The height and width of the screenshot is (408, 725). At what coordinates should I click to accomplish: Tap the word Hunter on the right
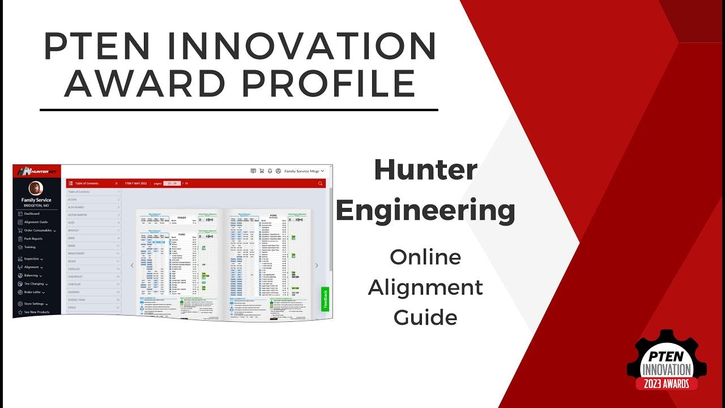click(x=425, y=171)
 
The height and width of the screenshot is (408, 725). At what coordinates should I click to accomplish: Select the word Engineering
click(x=425, y=210)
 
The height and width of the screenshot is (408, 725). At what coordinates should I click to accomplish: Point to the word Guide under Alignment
click(x=425, y=317)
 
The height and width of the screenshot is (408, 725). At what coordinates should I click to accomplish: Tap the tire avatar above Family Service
click(x=36, y=189)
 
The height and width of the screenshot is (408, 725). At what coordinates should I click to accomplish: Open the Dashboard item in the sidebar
click(x=32, y=214)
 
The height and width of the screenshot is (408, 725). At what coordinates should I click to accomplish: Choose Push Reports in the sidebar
click(x=33, y=239)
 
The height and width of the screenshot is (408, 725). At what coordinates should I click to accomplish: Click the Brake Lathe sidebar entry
click(x=33, y=292)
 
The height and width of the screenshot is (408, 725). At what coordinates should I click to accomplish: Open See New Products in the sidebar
click(x=36, y=312)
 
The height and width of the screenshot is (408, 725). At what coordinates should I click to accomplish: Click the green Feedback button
click(x=325, y=299)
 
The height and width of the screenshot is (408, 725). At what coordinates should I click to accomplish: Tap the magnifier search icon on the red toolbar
click(x=321, y=184)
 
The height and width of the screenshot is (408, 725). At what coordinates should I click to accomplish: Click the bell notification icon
click(x=270, y=171)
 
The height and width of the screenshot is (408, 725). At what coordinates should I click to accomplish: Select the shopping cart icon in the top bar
click(x=262, y=171)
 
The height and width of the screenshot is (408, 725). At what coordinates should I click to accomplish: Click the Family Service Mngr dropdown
click(x=304, y=171)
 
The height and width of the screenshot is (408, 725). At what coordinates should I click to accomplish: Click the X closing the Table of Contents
click(x=116, y=184)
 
